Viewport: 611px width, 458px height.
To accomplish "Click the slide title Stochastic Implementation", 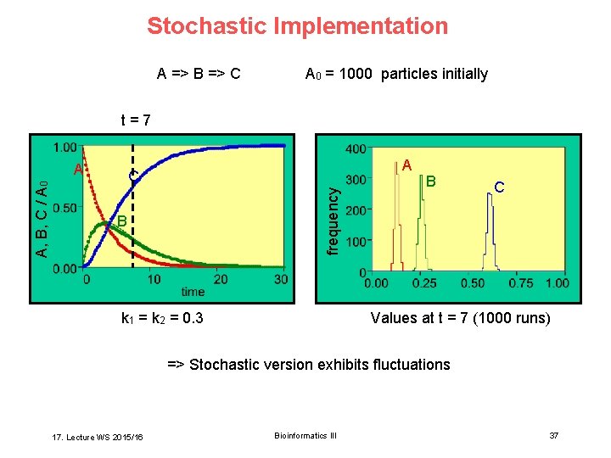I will click(x=297, y=26).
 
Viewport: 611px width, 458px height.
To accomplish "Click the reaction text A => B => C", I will click(x=199, y=74).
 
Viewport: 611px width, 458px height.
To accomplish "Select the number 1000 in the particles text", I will click(x=358, y=74).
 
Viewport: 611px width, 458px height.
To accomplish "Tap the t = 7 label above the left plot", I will click(x=135, y=120).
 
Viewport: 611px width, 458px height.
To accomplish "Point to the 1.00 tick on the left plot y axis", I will click(x=65, y=147).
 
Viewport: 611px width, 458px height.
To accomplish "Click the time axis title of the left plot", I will click(x=192, y=292).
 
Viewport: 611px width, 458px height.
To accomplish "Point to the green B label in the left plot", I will click(x=121, y=221).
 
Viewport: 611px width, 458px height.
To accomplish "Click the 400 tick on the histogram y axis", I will click(x=355, y=149).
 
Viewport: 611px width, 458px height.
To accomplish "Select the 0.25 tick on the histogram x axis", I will click(x=424, y=283).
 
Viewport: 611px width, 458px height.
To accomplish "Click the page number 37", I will click(x=554, y=435).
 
